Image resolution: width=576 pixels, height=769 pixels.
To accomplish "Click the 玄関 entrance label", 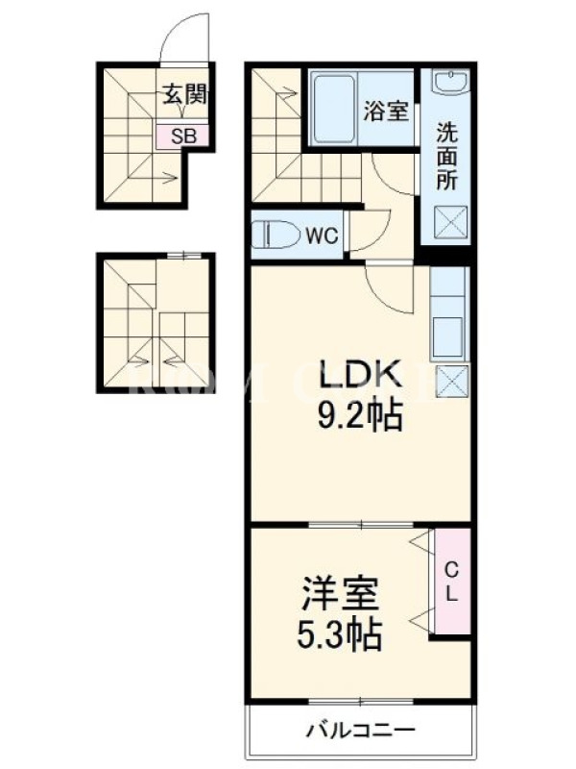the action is coord(184,94).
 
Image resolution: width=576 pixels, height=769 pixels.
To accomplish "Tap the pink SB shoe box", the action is coord(182,136).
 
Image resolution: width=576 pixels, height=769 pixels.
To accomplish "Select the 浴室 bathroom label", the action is coord(386,111).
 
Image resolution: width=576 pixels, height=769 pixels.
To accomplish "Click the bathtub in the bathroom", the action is coord(333,109).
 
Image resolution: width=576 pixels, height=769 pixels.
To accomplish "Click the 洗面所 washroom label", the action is coord(446,157).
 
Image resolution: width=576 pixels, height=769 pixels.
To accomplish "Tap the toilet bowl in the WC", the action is coord(276,235).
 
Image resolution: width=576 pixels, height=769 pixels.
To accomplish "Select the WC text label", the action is coord(322,236).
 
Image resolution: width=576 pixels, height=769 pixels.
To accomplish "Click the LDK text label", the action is coord(361,375).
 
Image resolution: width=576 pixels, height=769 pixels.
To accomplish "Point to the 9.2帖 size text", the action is coord(361,415).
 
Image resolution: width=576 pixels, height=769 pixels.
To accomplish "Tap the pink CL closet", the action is coord(451,583).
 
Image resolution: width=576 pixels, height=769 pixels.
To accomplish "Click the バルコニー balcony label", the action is coord(361,731).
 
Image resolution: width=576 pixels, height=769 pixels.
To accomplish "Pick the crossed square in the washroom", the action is coord(450,222).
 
